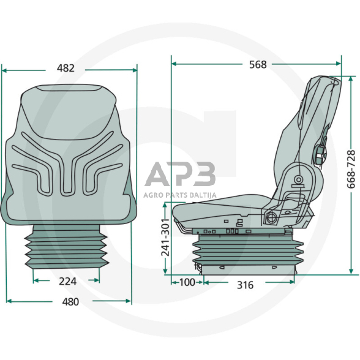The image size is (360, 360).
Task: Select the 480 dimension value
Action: (70, 301)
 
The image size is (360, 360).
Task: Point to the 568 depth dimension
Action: (258, 64)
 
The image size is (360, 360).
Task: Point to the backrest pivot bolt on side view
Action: (298, 179)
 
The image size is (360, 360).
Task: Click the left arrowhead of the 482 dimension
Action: (4, 70)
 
